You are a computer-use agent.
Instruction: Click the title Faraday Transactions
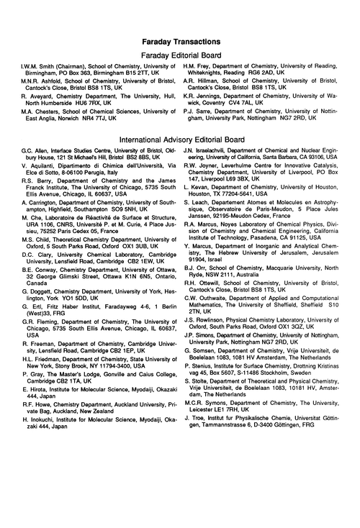pos(179,42)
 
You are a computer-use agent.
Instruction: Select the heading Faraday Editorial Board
pos(179,56)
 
